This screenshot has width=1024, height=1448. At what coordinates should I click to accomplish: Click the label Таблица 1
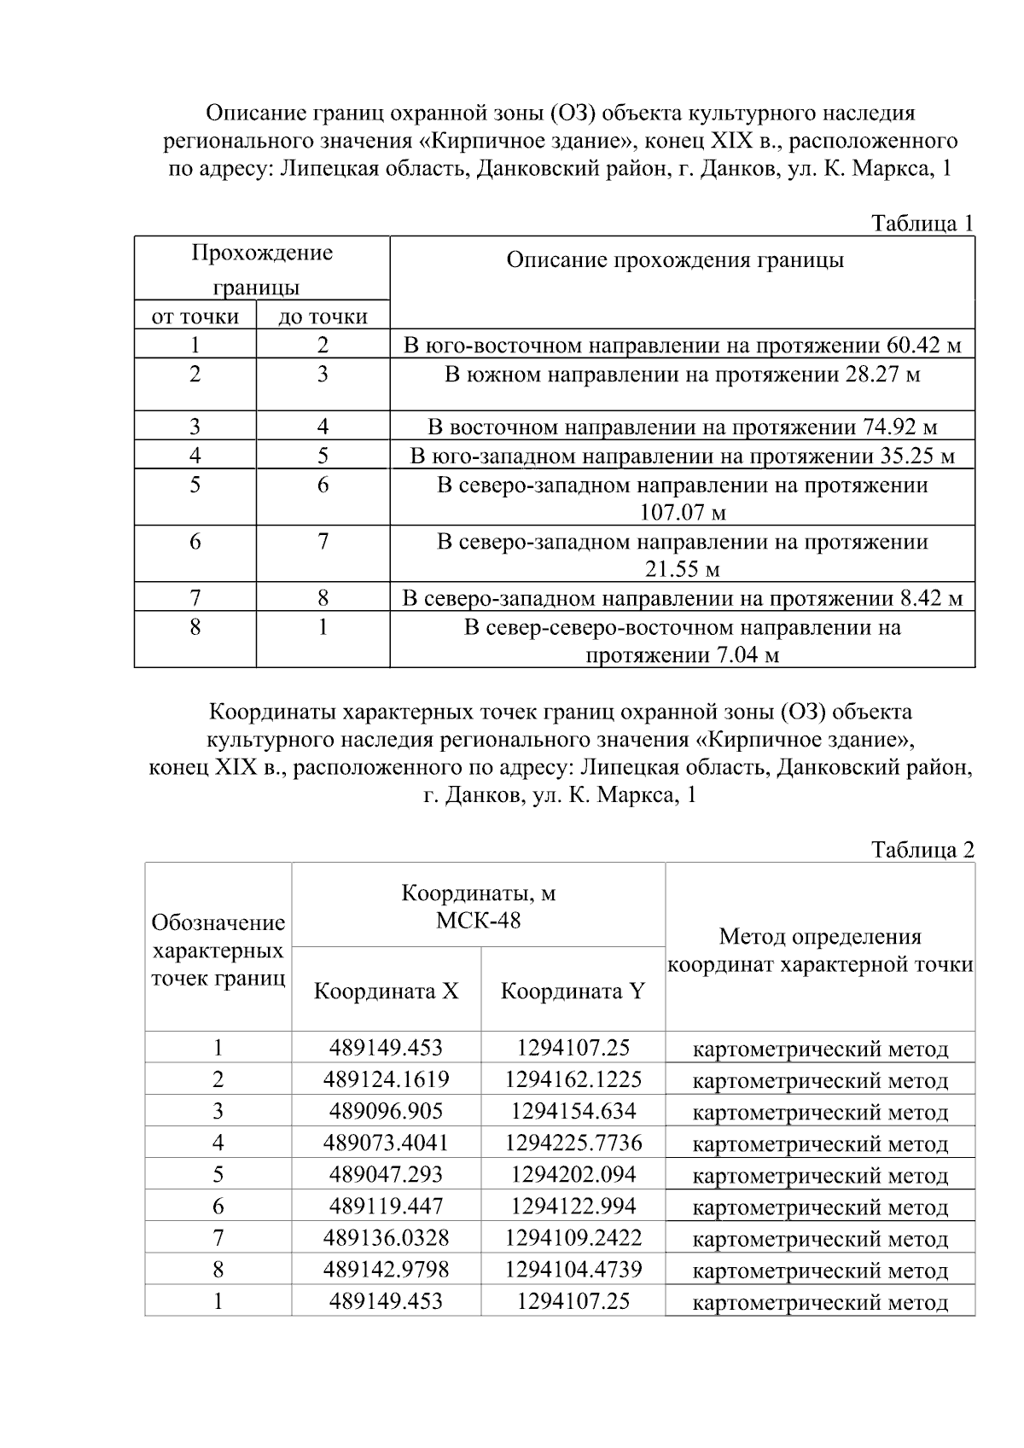pyautogui.click(x=922, y=224)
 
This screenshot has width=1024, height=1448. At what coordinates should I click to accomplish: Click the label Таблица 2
pyautogui.click(x=922, y=850)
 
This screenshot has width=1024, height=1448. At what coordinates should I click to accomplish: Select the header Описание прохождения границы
pyautogui.click(x=675, y=260)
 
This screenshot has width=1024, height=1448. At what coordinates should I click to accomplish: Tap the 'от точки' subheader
pyautogui.click(x=195, y=317)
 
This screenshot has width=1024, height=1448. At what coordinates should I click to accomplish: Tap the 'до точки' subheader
pyautogui.click(x=323, y=317)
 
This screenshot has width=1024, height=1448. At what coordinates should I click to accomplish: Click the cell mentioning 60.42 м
pyautogui.click(x=682, y=346)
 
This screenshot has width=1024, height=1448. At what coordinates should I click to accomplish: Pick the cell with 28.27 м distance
pyautogui.click(x=682, y=375)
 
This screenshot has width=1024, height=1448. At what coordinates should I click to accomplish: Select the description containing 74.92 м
pyautogui.click(x=682, y=427)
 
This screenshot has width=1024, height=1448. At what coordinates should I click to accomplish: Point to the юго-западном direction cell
pyautogui.click(x=682, y=456)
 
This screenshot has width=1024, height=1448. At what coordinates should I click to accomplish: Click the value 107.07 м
pyautogui.click(x=682, y=513)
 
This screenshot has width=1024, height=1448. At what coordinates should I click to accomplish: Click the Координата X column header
pyautogui.click(x=386, y=992)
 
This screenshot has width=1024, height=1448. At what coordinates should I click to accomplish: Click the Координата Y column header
pyautogui.click(x=573, y=992)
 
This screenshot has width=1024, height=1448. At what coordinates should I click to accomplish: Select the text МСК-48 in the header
pyautogui.click(x=478, y=921)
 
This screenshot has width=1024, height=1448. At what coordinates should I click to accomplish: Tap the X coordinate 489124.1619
pyautogui.click(x=386, y=1079)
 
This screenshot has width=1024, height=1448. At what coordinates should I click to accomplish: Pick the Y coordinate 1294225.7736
pyautogui.click(x=573, y=1143)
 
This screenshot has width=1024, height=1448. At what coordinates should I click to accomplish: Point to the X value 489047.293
pyautogui.click(x=386, y=1175)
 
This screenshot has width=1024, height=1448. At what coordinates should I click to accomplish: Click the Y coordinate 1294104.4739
pyautogui.click(x=573, y=1270)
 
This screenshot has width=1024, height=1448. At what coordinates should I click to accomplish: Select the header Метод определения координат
pyautogui.click(x=819, y=951)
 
